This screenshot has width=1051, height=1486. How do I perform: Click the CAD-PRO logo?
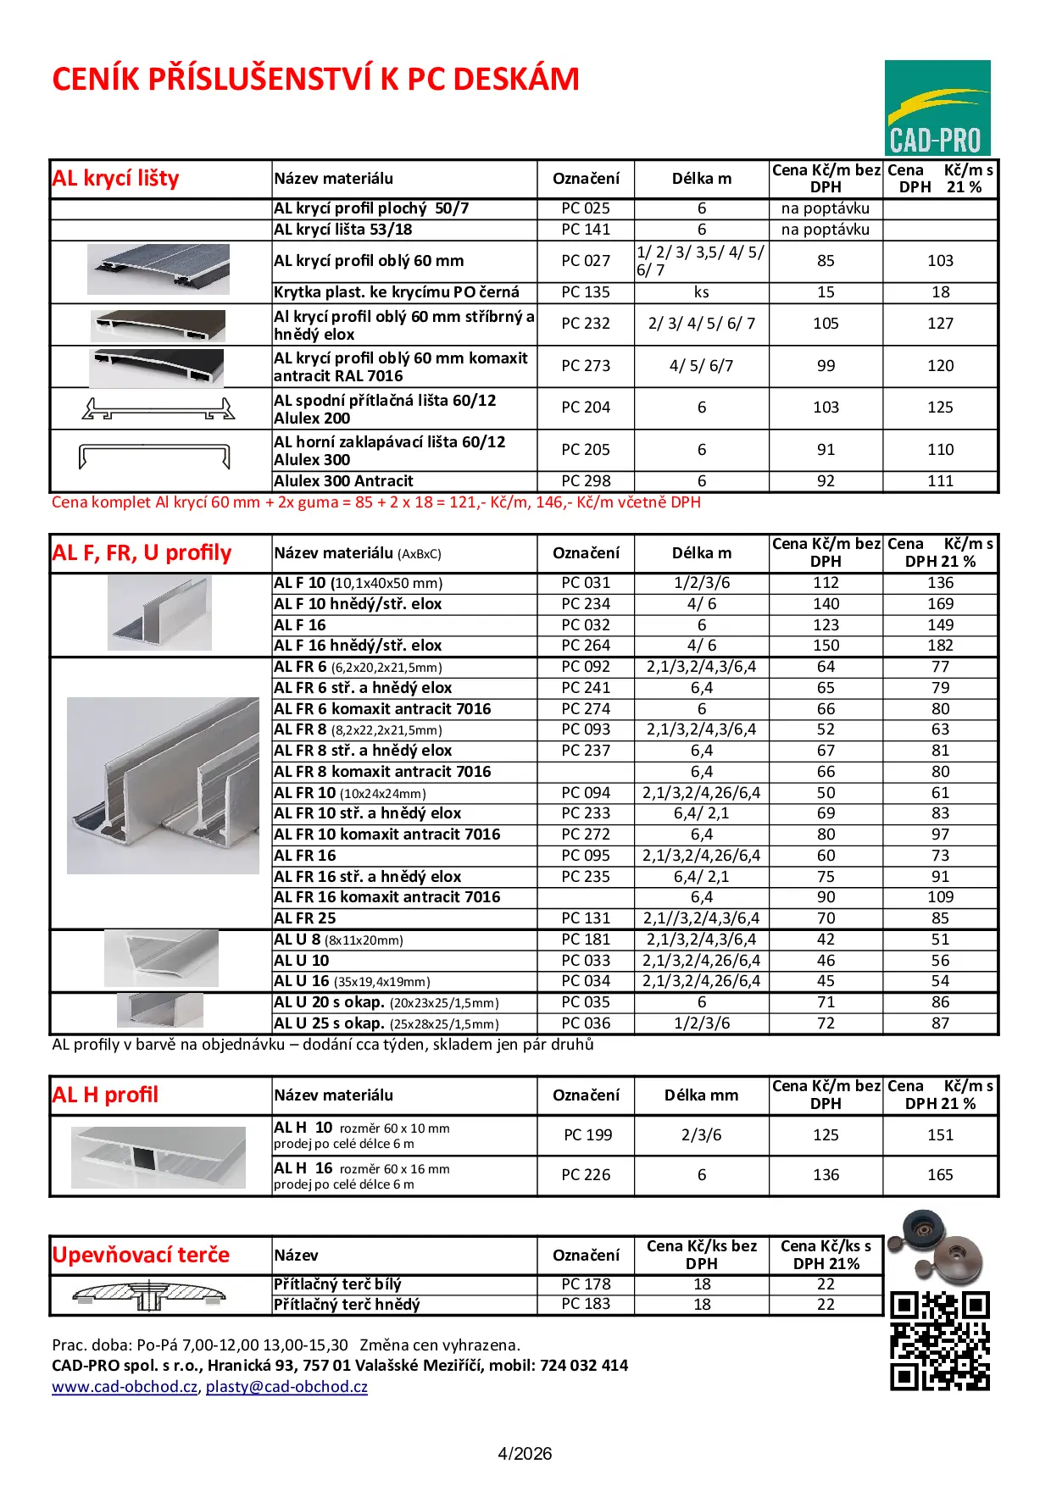pos(937,108)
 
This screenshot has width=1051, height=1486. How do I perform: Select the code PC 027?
pos(586,261)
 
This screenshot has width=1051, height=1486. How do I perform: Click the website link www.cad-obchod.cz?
pos(125,1387)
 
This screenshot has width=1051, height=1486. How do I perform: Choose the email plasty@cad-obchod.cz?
pos(286,1387)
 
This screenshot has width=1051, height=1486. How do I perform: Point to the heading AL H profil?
pos(105,1095)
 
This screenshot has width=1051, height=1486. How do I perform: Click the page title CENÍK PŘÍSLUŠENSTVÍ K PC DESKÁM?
pos(315,80)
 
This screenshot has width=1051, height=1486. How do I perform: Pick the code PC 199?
pos(588,1135)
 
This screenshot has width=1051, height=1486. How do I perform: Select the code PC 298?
pos(586,481)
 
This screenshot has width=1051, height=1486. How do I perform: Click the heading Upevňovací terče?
pos(141,1255)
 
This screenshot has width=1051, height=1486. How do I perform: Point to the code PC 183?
pos(586,1304)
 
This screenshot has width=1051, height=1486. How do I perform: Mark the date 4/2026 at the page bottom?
pos(525,1454)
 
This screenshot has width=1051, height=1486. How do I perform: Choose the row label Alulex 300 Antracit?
pos(343,481)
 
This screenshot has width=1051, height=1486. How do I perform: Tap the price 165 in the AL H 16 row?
pos(940,1175)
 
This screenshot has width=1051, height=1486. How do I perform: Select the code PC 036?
pos(586,1023)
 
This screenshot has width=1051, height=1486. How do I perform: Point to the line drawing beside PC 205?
pos(154,456)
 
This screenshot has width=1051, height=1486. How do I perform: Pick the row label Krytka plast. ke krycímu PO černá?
pos(397,292)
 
